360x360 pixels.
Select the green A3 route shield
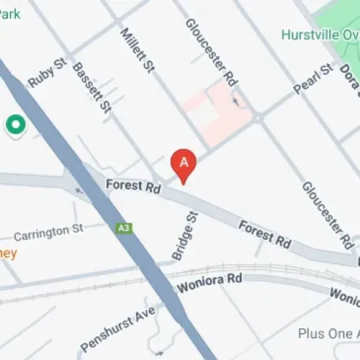pyautogui.click(x=124, y=228)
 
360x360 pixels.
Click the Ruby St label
pyautogui.click(x=48, y=73)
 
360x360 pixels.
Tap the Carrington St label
pyautogui.click(x=49, y=233)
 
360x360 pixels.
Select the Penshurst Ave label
pyautogui.click(x=117, y=325)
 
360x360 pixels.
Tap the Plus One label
pyautogui.click(x=328, y=334)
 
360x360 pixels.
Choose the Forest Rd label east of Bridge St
pyautogui.click(x=264, y=235)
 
